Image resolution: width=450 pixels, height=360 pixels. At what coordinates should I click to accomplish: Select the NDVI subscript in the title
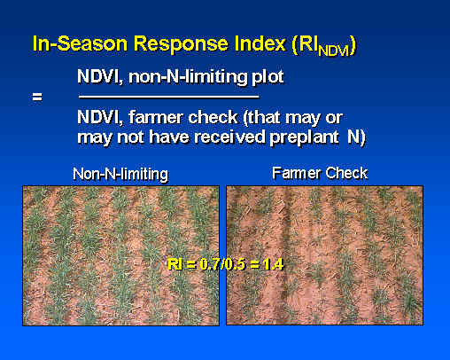pos(333,51)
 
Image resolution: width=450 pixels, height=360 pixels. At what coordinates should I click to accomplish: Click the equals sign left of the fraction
pos(37,97)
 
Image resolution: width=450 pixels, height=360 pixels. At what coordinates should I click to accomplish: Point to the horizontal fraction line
pos(169,97)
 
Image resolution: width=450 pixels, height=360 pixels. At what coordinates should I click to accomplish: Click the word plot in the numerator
pos(268,77)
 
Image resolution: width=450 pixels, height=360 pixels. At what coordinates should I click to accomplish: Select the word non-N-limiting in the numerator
pos(189,77)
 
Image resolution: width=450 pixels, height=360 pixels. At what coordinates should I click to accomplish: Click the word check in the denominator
pos(213,117)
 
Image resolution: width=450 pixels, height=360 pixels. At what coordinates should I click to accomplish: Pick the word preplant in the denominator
pos(304,137)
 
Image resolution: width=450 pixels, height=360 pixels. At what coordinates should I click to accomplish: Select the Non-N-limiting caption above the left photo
pos(120,174)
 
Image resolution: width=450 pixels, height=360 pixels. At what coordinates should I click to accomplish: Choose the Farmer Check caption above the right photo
pos(320,173)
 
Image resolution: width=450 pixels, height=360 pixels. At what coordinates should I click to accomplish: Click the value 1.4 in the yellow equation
pos(273,264)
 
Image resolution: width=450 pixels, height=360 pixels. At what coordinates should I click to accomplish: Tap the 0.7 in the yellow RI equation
pos(210,264)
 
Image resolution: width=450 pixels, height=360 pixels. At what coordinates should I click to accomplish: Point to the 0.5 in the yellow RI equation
pos(236,264)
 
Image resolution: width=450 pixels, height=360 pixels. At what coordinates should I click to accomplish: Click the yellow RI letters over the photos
pos(175,264)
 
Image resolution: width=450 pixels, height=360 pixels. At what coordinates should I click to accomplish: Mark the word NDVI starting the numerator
pos(100,77)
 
